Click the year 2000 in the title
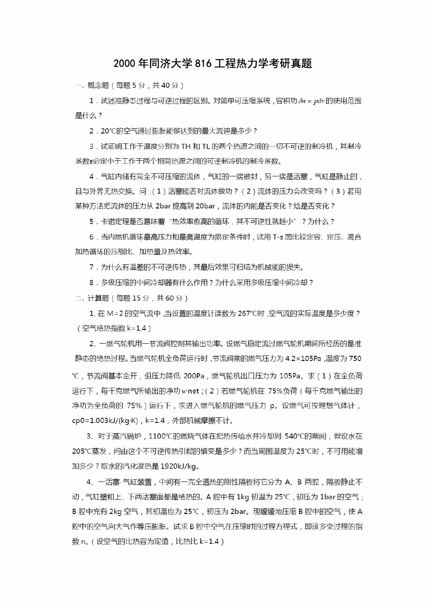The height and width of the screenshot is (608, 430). pyautogui.click(x=124, y=64)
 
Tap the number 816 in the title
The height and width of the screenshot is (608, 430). pyautogui.click(x=203, y=64)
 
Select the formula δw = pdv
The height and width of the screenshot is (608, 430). pyautogui.click(x=311, y=101)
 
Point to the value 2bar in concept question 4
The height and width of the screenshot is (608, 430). pyautogui.click(x=163, y=206)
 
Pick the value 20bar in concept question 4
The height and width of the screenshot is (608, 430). pyautogui.click(x=205, y=206)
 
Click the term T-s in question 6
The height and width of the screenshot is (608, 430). pyautogui.click(x=278, y=237)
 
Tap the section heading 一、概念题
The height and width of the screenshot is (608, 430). pyautogui.click(x=92, y=85)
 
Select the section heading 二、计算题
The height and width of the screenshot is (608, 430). pyautogui.click(x=92, y=298)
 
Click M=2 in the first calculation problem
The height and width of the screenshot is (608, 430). pyautogui.click(x=115, y=313)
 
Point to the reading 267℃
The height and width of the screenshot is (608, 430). pyautogui.click(x=251, y=313)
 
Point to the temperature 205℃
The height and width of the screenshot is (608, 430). pyautogui.click(x=82, y=451)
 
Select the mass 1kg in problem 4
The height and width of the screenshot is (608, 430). pyautogui.click(x=242, y=497)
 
